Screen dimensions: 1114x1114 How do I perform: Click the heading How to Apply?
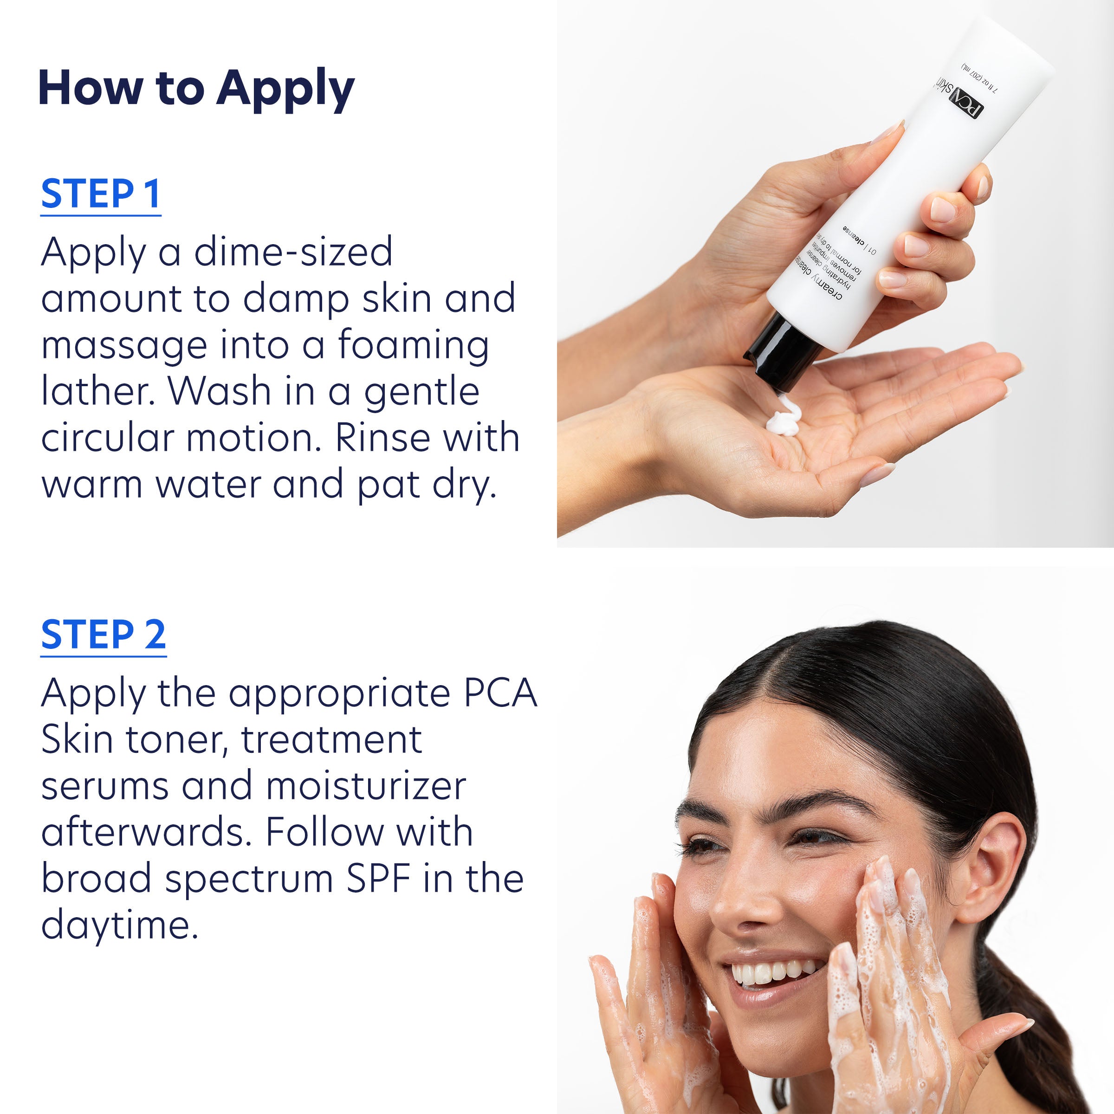pos(196,88)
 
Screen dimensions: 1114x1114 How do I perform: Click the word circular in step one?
pos(107,438)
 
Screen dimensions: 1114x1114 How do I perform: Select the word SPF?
pos(378,879)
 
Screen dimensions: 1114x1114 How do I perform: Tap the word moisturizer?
pos(366,786)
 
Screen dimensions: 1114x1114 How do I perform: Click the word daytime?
pos(119,925)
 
